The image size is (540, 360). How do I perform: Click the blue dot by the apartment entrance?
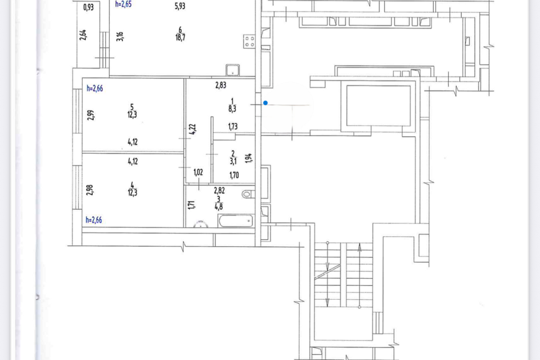tap(265, 103)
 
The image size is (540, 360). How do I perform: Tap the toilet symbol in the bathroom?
tap(247, 194)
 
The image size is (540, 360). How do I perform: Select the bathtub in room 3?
tap(236, 221)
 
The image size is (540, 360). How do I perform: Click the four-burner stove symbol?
tap(249, 41)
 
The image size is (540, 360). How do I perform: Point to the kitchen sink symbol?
tap(233, 70)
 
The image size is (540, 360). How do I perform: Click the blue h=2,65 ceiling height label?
tap(123, 4)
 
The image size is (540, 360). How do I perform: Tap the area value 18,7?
tap(180, 37)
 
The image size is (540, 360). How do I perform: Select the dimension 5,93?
tap(180, 6)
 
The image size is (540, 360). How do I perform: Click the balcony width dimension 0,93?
tap(88, 7)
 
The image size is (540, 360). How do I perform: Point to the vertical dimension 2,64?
tap(83, 35)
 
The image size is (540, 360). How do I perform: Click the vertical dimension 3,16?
tap(120, 36)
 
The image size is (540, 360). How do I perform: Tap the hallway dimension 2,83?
tap(220, 85)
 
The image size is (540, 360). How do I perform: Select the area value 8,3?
tap(232, 109)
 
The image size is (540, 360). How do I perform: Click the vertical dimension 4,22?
tap(192, 129)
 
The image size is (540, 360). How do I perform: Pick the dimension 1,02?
tap(198, 172)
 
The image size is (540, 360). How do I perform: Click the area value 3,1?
tap(233, 161)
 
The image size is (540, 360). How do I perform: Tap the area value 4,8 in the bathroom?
tap(219, 206)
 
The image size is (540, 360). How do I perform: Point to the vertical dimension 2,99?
tap(90, 115)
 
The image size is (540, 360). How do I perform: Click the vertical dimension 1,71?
tap(191, 205)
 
